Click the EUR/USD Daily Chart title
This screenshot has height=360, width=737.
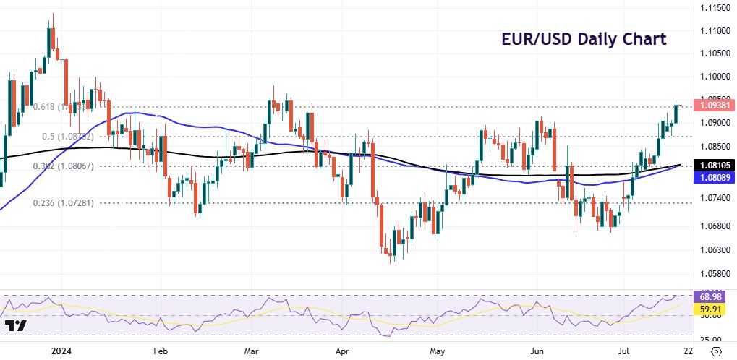[x=584, y=39]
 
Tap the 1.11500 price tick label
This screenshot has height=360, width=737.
[x=715, y=7]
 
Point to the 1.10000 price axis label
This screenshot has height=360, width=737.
[x=715, y=76]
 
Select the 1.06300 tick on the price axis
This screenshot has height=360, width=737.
[x=715, y=250]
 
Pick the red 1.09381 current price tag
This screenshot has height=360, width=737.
[x=715, y=105]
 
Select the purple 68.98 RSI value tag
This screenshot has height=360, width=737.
[x=712, y=297]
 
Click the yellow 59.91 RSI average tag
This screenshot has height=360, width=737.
[x=712, y=309]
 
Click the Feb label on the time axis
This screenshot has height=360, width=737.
[x=160, y=351]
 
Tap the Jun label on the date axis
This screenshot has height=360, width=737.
[x=539, y=351]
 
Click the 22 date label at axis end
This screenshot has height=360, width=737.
[x=686, y=351]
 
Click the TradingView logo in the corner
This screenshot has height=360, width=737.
[x=16, y=325]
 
